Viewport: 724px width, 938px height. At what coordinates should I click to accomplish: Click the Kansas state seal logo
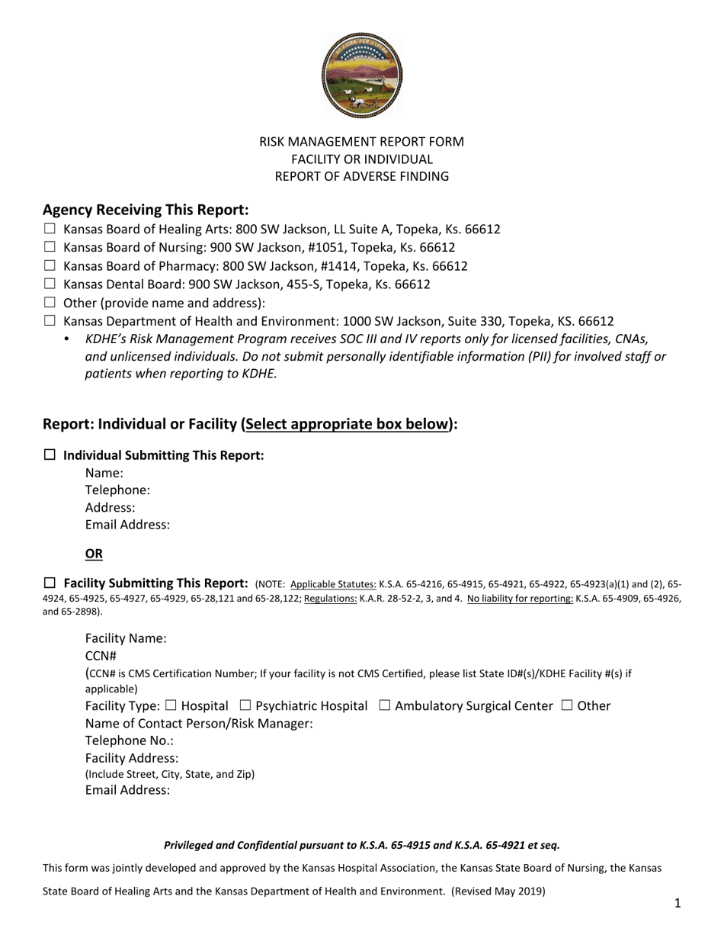point(362,75)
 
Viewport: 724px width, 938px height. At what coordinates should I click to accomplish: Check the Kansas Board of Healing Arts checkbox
point(50,229)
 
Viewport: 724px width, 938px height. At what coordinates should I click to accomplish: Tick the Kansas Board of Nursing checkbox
point(50,247)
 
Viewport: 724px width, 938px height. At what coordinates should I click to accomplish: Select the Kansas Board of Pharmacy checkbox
point(50,265)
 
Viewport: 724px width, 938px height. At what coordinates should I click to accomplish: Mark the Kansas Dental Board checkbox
point(50,284)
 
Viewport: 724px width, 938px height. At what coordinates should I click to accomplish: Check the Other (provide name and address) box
point(50,303)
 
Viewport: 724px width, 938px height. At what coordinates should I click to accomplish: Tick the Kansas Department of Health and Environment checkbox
point(50,321)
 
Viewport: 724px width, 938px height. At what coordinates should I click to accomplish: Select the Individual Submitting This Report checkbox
point(50,455)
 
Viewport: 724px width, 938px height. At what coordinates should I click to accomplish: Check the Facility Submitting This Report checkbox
point(50,583)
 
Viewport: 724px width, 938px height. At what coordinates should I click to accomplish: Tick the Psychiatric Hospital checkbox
point(245,705)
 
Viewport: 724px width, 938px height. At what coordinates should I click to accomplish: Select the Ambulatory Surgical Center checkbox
point(385,705)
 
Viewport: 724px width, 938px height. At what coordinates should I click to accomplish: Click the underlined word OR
point(94,554)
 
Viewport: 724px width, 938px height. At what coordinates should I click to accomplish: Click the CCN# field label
point(101,656)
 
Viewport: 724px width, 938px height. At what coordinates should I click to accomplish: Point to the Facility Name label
point(126,638)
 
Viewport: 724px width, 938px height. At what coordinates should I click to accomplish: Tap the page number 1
point(678,904)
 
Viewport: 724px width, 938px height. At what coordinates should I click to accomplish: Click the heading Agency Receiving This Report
point(146,210)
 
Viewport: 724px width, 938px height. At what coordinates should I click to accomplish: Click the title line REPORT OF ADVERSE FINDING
point(362,177)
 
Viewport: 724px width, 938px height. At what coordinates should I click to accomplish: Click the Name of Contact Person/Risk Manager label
point(199,723)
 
